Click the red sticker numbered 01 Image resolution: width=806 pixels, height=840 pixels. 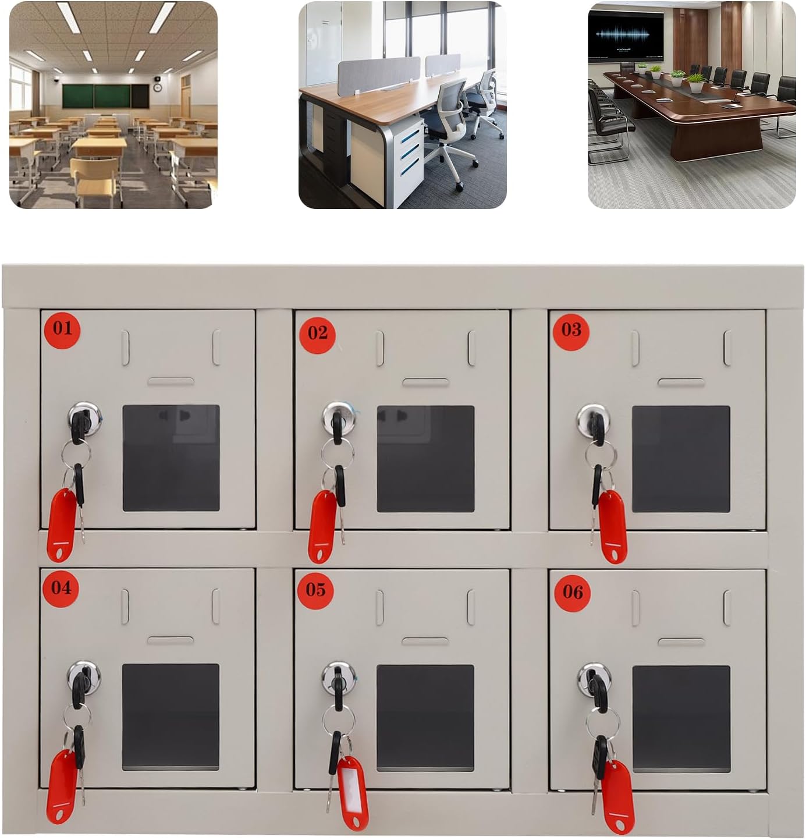[62, 329]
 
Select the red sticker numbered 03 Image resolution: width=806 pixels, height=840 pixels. [571, 331]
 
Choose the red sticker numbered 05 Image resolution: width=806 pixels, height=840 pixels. [315, 590]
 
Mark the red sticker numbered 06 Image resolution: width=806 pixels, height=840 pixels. [573, 593]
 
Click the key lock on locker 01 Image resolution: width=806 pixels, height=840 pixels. [84, 417]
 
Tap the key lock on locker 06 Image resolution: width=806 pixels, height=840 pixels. [594, 678]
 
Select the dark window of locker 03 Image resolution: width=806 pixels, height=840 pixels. [681, 459]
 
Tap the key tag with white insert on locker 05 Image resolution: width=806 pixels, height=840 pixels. [353, 791]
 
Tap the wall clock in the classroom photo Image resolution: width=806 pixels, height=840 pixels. [158, 87]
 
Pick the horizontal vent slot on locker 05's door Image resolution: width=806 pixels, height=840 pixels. [425, 641]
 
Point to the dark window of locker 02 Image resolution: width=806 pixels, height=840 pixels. [425, 459]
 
